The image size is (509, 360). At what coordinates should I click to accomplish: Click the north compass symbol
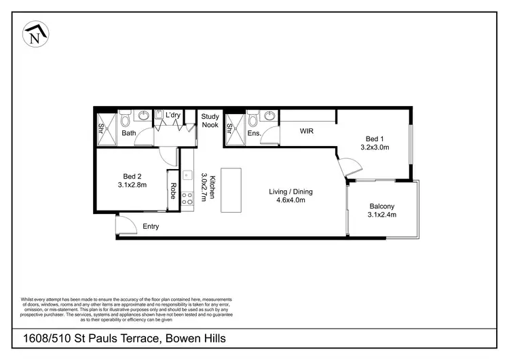(x=35, y=34)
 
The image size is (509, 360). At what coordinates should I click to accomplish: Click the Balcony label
(x=382, y=206)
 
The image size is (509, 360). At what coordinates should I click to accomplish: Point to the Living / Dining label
(x=290, y=192)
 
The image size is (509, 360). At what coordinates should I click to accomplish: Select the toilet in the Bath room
(x=125, y=120)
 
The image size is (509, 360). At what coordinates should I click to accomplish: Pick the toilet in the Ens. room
(x=254, y=120)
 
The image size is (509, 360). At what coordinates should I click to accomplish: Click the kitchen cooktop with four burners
(x=187, y=198)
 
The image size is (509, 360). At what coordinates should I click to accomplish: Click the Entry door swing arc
(x=124, y=225)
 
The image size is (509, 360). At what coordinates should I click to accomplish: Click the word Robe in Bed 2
(x=174, y=191)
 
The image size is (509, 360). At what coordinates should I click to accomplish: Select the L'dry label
(x=173, y=115)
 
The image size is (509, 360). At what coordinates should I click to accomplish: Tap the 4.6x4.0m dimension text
(x=290, y=200)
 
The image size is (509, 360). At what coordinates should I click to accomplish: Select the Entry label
(x=151, y=226)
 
